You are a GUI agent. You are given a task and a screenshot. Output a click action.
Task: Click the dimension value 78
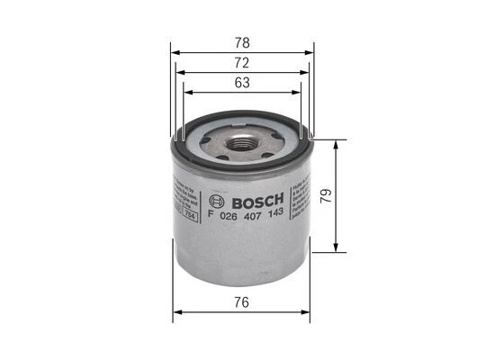pyautogui.click(x=242, y=42)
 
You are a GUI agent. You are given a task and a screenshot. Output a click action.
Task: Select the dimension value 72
pyautogui.click(x=242, y=62)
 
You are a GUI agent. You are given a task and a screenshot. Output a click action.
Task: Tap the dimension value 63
pyautogui.click(x=242, y=82)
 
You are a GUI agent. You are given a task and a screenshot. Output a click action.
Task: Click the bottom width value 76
pyautogui.click(x=242, y=304)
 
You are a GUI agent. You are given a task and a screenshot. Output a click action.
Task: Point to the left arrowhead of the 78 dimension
pyautogui.click(x=174, y=51)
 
